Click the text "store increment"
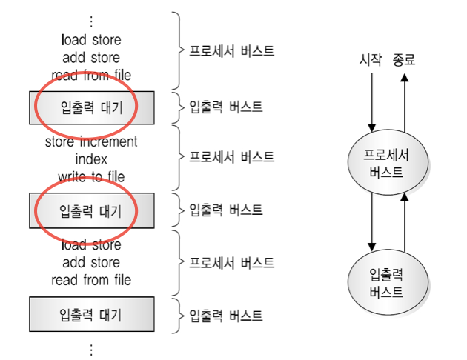(91, 141)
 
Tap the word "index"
(91, 159)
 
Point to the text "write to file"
(91, 176)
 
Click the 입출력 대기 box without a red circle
(91, 314)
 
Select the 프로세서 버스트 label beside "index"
(231, 158)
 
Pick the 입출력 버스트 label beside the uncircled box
(226, 315)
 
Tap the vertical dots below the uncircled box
(91, 348)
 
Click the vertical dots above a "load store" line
(91, 20)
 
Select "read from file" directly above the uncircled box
(91, 280)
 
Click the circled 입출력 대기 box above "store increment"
(91, 108)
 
